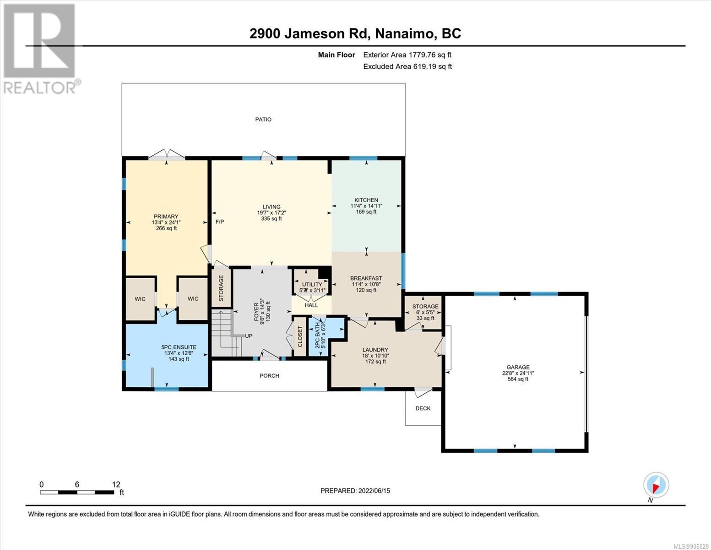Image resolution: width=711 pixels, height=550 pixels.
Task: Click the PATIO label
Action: (263, 120)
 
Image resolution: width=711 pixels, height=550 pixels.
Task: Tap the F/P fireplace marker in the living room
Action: (220, 222)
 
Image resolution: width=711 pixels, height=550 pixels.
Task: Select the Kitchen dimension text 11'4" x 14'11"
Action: (366, 206)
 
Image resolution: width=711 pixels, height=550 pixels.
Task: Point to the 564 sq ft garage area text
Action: (518, 379)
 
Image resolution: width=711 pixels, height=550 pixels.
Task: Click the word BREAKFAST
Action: (366, 279)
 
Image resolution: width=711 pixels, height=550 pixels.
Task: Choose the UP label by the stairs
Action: (248, 336)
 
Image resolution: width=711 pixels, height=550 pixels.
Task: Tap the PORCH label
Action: (269, 376)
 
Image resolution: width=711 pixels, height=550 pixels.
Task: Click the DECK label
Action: (423, 408)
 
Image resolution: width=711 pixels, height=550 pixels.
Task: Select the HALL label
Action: (311, 305)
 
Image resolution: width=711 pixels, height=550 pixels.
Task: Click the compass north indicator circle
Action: (656, 485)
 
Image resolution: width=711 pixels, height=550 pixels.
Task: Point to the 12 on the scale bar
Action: (116, 484)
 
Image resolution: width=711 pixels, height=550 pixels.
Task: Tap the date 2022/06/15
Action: (374, 491)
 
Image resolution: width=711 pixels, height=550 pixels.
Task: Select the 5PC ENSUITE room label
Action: (179, 347)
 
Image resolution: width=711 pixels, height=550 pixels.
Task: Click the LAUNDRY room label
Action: (375, 350)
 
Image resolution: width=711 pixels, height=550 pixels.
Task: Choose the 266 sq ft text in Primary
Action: (166, 228)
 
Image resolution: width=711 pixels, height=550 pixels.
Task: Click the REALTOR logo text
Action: (39, 88)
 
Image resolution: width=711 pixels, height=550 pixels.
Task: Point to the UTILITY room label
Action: (312, 284)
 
